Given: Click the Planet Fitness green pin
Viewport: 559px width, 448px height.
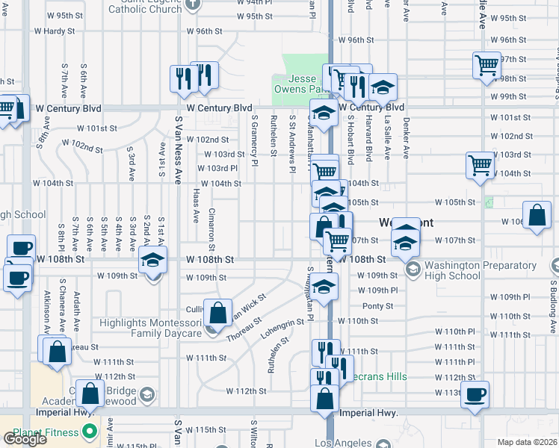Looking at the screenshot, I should pyautogui.click(x=90, y=432).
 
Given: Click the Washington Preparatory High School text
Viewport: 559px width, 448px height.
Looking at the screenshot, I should pyautogui.click(x=452, y=270).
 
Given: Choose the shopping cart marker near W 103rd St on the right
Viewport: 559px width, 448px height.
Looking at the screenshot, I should pyautogui.click(x=479, y=165).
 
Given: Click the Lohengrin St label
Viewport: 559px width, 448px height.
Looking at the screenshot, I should pyautogui.click(x=282, y=329).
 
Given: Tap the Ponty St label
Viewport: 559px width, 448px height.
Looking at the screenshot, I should pyautogui.click(x=377, y=305).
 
